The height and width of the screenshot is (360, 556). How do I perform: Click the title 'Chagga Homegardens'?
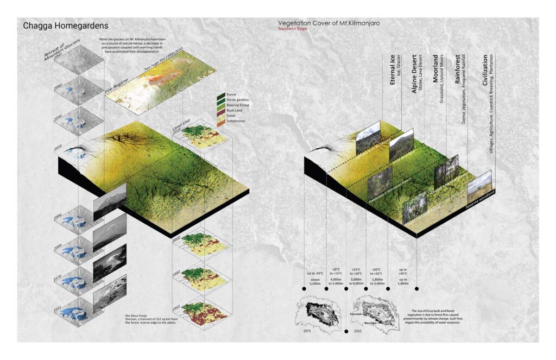point(65,26)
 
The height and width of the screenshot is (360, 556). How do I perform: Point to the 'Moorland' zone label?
point(435,68)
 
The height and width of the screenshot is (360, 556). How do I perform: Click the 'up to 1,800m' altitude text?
point(402,274)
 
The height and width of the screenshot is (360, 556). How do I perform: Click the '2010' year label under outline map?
point(358,330)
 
